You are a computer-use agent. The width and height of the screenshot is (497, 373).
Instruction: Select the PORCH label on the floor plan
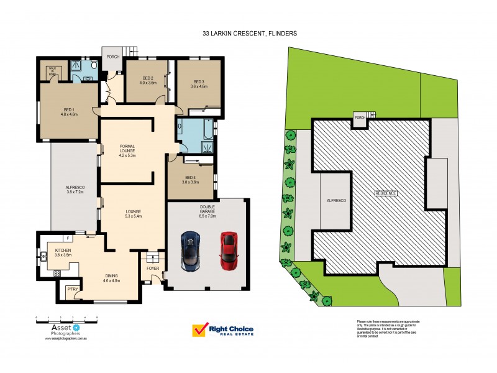tap(112, 57)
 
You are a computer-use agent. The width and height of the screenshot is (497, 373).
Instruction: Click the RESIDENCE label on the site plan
tap(385, 193)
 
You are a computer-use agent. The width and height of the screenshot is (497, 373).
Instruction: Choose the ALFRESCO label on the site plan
tap(335, 201)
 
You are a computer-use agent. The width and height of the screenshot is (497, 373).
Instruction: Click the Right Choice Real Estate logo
tap(224, 330)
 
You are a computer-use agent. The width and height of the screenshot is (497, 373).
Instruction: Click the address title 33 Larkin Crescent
tap(248, 34)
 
